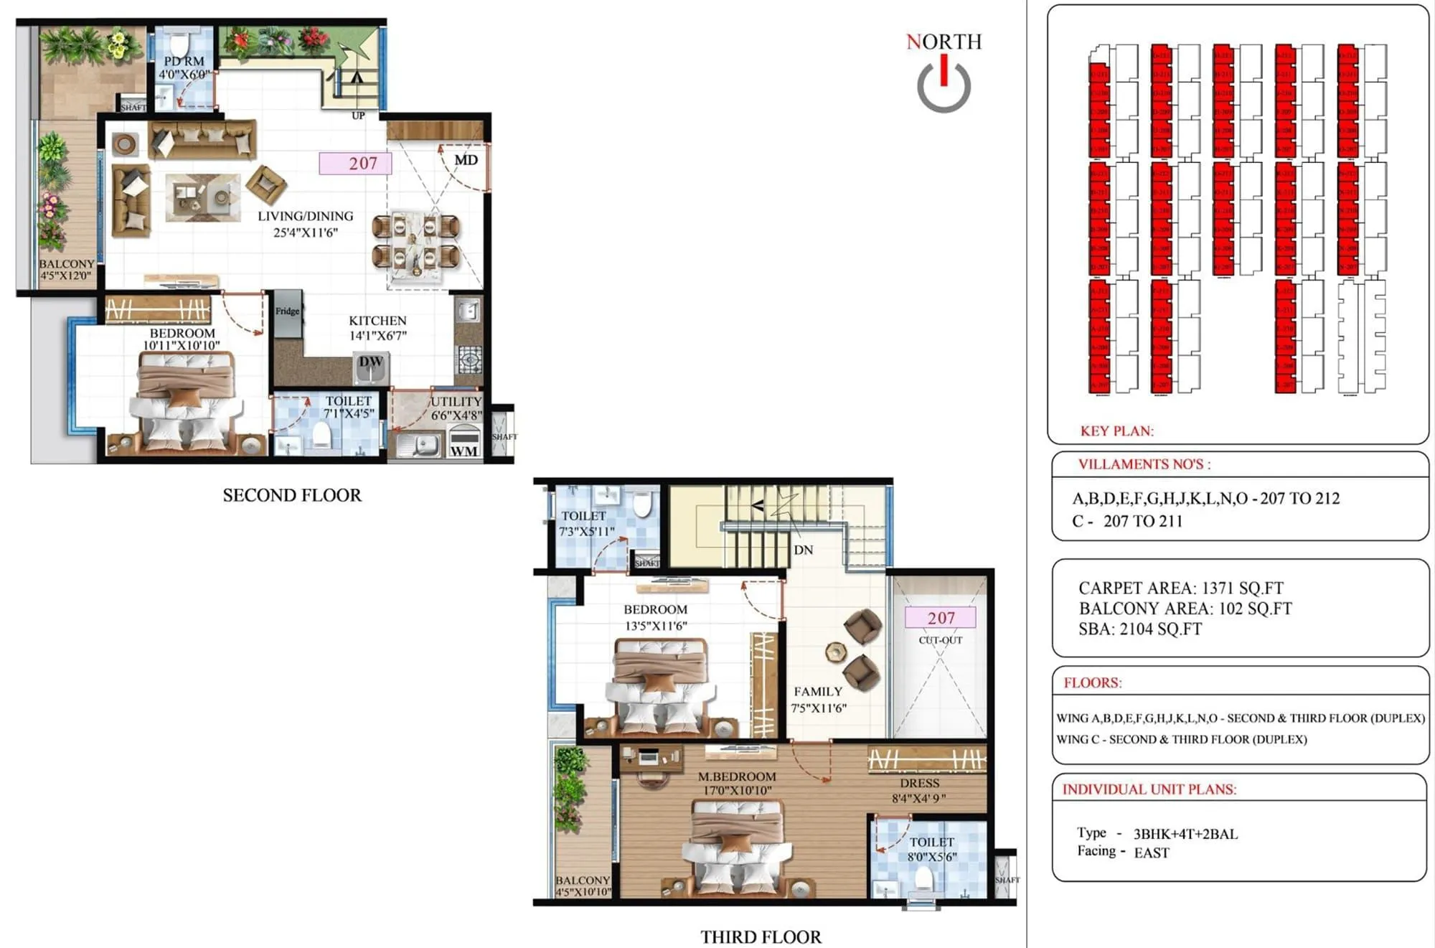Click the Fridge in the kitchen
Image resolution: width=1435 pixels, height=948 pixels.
tap(288, 311)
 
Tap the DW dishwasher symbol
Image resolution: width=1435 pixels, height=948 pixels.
tap(371, 363)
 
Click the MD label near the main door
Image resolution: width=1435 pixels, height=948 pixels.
tap(466, 160)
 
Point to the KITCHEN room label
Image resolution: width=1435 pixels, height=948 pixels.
tap(377, 321)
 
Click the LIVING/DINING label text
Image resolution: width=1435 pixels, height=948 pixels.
tap(306, 216)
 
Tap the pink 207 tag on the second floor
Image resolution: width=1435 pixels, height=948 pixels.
tap(355, 164)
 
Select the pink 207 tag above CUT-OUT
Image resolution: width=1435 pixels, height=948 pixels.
tap(941, 618)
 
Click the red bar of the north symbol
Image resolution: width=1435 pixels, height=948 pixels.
tap(944, 70)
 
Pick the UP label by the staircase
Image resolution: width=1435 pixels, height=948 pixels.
tap(358, 116)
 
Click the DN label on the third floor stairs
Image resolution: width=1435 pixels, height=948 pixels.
tap(803, 550)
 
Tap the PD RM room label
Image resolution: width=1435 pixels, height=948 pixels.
tap(184, 62)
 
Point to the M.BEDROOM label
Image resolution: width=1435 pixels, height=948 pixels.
tap(737, 776)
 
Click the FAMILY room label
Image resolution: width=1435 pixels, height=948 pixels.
tap(818, 692)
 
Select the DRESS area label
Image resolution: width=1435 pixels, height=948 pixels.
tap(919, 784)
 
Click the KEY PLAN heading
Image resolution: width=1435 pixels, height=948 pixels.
tap(1116, 431)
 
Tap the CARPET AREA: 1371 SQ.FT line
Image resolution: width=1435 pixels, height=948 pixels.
tap(1181, 588)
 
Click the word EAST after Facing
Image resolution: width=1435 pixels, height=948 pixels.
tap(1152, 853)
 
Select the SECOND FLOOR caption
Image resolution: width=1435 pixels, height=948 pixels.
tap(292, 495)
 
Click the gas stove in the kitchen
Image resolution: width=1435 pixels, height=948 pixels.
tap(469, 358)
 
